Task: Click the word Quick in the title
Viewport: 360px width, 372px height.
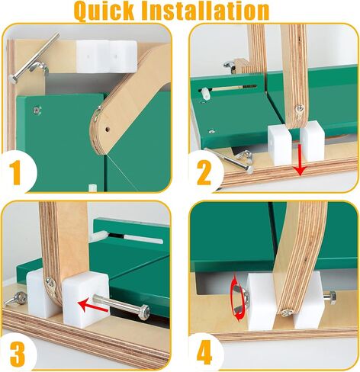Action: (104, 11)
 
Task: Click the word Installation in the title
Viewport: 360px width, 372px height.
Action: (205, 11)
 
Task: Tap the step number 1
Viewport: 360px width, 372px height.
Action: (16, 172)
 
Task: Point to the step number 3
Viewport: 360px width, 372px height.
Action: (18, 354)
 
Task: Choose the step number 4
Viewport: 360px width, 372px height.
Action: (204, 352)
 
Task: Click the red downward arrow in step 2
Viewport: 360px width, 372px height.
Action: (300, 160)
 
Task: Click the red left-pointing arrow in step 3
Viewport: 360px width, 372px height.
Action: (93, 306)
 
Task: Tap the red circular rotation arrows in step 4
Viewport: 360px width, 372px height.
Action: (237, 299)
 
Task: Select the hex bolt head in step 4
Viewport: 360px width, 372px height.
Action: (330, 296)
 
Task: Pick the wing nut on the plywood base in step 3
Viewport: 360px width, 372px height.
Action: (17, 297)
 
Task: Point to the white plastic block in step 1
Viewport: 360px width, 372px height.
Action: (107, 56)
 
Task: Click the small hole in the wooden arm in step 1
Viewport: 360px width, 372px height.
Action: (108, 129)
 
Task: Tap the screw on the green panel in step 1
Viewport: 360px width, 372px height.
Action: (37, 111)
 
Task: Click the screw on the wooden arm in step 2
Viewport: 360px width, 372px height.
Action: (300, 109)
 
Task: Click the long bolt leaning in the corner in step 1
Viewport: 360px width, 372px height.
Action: (34, 58)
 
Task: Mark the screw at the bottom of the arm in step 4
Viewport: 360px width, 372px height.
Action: (287, 313)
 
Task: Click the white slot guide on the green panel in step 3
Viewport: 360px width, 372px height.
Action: (144, 239)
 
